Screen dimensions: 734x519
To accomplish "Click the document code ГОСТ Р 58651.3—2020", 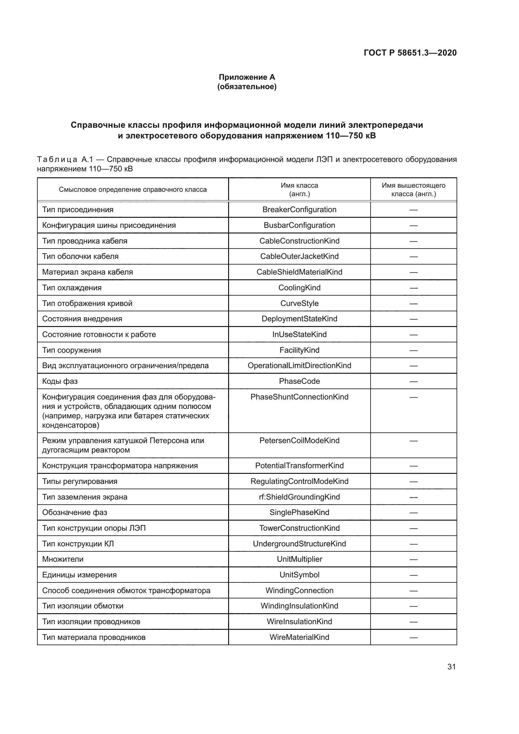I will tap(410, 53).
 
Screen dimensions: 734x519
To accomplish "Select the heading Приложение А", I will tap(247, 77).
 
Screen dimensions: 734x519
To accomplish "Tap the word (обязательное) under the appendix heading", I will tap(247, 87).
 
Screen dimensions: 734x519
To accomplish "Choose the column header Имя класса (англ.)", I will tap(299, 190).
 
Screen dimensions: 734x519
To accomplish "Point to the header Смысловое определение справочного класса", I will tap(133, 190).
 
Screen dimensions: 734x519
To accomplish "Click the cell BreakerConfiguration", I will tap(299, 210).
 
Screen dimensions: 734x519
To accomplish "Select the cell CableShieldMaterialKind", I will tap(299, 272).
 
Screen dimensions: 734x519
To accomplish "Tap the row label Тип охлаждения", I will tap(72, 288).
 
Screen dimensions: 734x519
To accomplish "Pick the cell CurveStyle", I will tap(299, 303).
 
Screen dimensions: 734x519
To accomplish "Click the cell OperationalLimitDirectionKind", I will tap(299, 365).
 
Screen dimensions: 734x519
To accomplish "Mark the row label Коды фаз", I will tap(60, 381).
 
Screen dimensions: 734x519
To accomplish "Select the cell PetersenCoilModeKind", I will tap(299, 441).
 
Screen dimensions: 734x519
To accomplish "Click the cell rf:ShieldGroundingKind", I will tap(299, 497).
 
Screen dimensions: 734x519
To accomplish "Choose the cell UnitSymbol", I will tap(299, 575).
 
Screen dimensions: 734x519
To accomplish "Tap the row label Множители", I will tap(63, 559).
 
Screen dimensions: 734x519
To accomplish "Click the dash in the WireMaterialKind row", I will tap(414, 637).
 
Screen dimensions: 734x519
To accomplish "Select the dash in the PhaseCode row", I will tap(414, 381).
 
